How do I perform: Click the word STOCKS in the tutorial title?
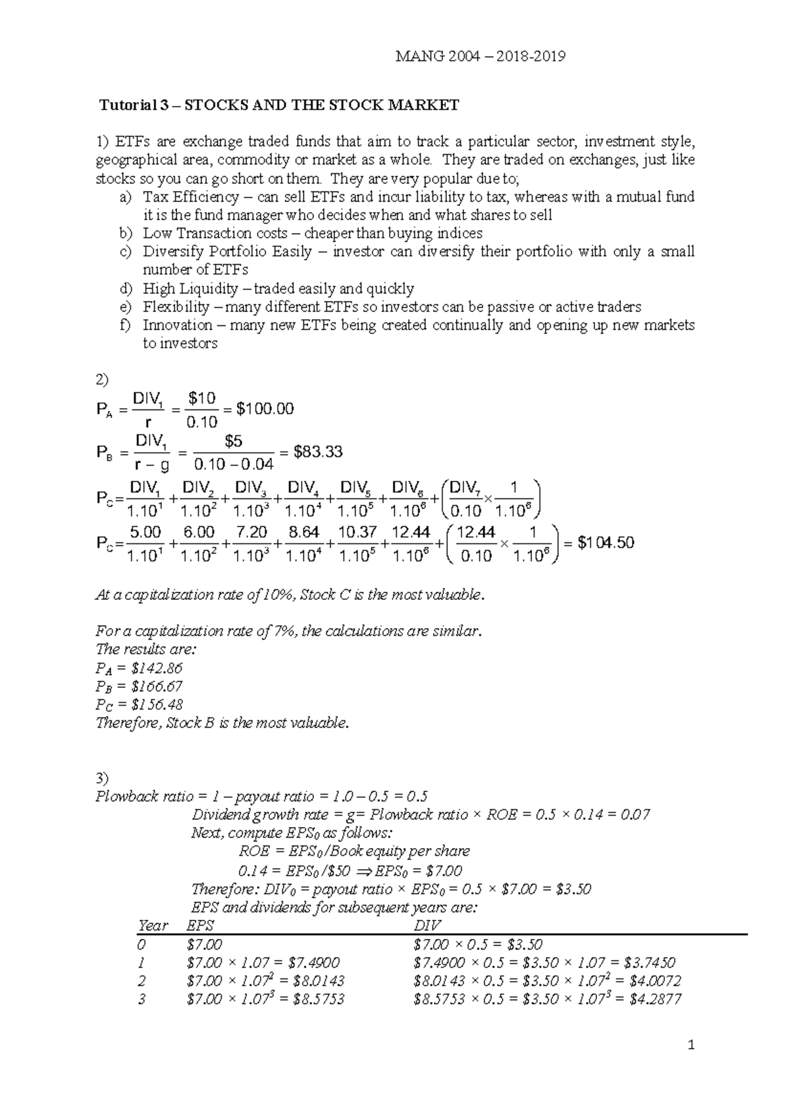pos(214,105)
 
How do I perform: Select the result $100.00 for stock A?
pos(265,410)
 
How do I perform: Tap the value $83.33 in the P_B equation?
pos(319,452)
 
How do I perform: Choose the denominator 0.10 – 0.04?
pos(234,464)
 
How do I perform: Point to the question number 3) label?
pos(102,778)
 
